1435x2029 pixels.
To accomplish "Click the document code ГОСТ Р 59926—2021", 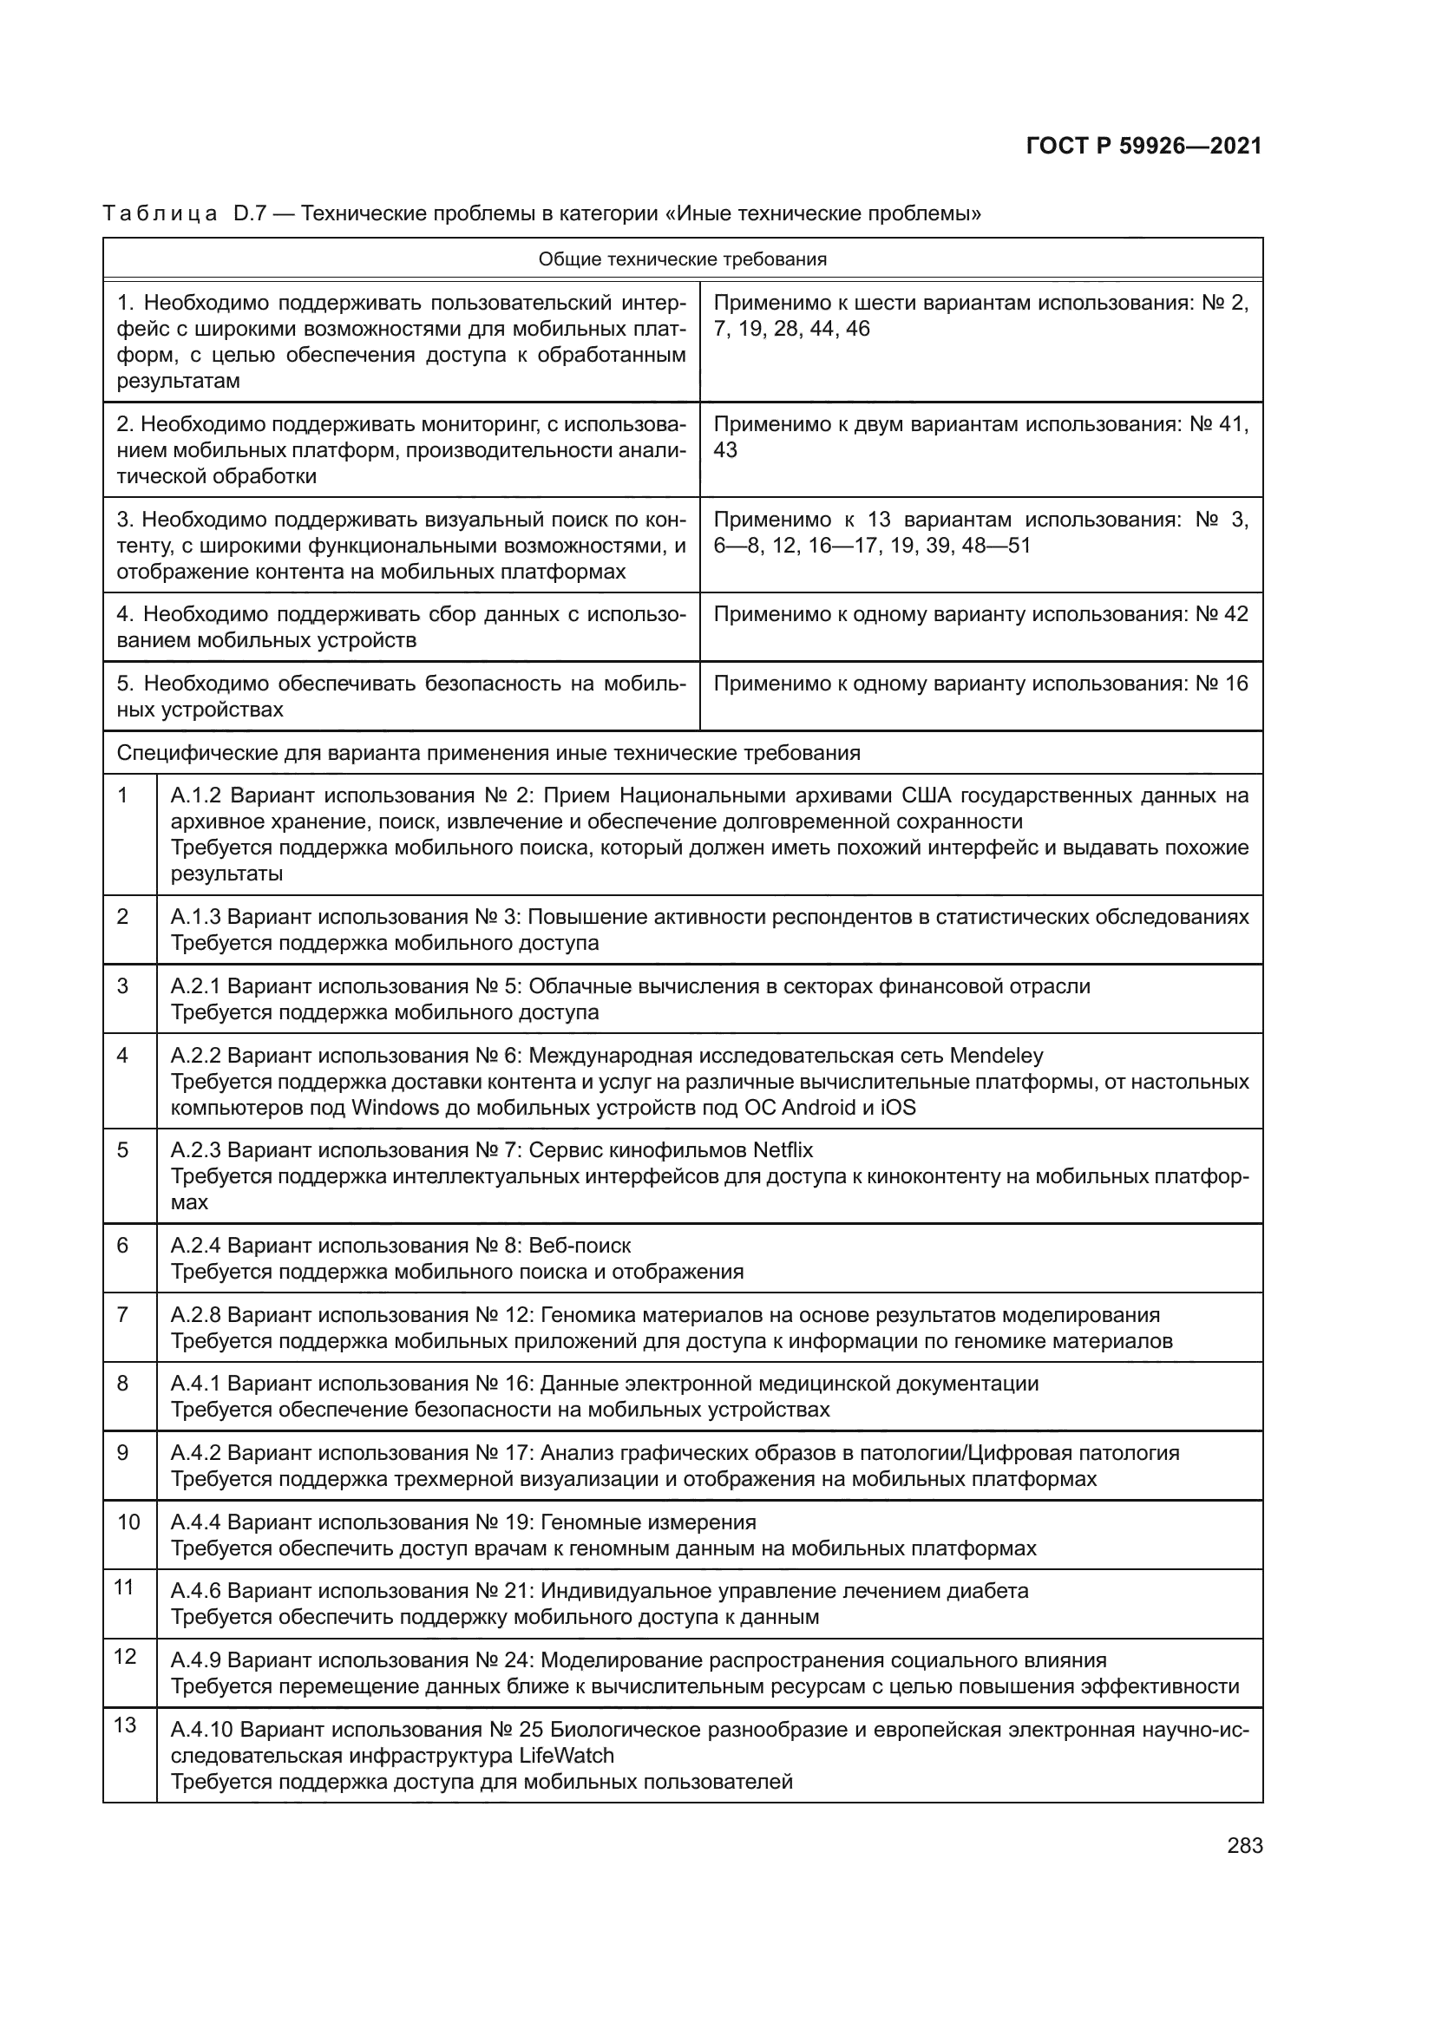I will pyautogui.click(x=1144, y=147).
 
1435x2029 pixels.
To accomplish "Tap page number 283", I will pyautogui.click(x=1244, y=1845).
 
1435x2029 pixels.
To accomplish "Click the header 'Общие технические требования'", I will pyautogui.click(x=682, y=260).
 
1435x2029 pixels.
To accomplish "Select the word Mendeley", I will pyautogui.click(x=996, y=1056).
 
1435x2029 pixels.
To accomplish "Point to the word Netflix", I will pyautogui.click(x=783, y=1150).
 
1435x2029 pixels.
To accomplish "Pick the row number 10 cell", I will pyautogui.click(x=129, y=1522).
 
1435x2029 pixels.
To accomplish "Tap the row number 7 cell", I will pyautogui.click(x=123, y=1314).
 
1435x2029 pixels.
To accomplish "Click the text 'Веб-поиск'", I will pyautogui.click(x=580, y=1246).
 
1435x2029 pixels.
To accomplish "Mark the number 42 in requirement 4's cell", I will pyautogui.click(x=1236, y=614).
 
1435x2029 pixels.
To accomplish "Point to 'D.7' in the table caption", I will pyautogui.click(x=249, y=214).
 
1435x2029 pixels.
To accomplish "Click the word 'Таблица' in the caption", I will pyautogui.click(x=160, y=214).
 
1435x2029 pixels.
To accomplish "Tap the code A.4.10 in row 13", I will pyautogui.click(x=201, y=1730).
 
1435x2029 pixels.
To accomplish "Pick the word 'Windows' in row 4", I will pyautogui.click(x=395, y=1107).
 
